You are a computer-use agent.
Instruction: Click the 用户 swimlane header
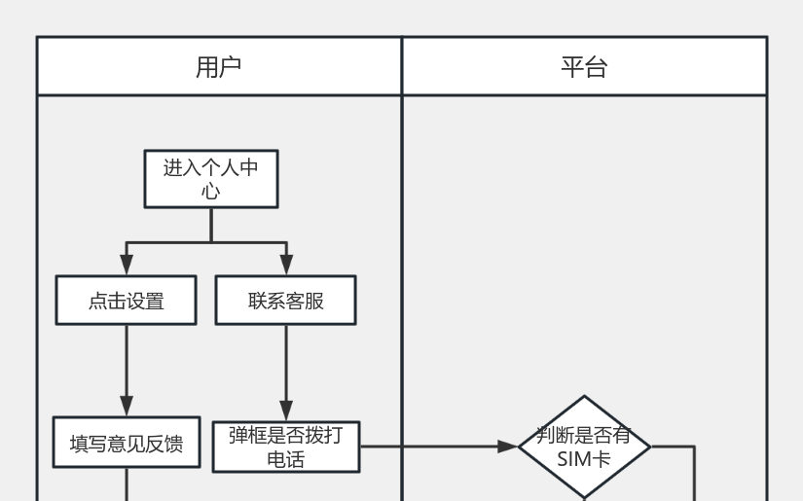tap(219, 66)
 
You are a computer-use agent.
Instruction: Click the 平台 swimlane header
tap(584, 66)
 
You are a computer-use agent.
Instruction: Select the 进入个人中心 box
tap(211, 179)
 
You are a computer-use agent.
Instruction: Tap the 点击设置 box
tap(127, 301)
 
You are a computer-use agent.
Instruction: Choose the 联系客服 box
tap(286, 301)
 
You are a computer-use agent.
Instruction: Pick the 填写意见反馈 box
tap(127, 444)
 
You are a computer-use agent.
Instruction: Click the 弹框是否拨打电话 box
tap(286, 447)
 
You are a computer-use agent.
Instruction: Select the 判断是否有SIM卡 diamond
tap(584, 447)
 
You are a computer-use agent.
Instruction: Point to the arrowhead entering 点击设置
tap(127, 265)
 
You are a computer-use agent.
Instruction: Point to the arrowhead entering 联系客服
tap(286, 265)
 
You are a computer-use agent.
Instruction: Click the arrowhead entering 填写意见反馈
tap(127, 407)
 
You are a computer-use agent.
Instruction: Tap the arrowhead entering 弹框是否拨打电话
tap(286, 411)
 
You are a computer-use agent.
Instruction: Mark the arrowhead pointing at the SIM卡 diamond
tap(507, 447)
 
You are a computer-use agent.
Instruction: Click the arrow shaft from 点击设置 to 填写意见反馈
tap(127, 360)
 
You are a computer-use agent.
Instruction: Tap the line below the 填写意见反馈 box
tap(127, 484)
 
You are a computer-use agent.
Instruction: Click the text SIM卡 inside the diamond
tap(584, 458)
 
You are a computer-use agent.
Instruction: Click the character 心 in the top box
tap(211, 192)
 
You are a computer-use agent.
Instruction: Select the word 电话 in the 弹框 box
tap(286, 458)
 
